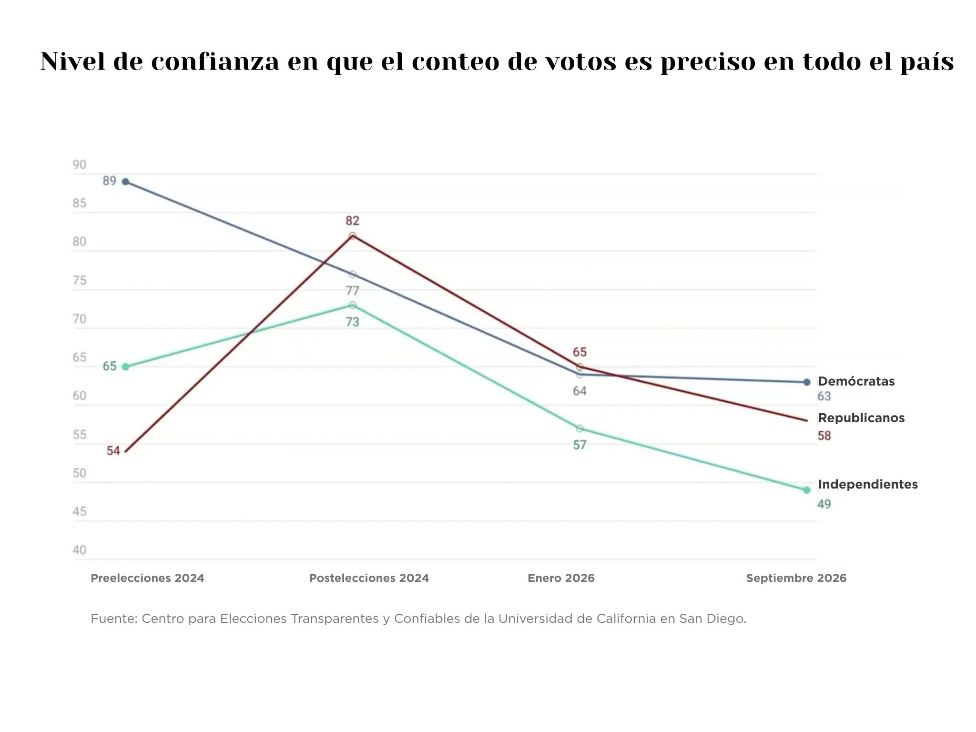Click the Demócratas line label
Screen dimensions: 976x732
(x=856, y=381)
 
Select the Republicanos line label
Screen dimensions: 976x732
(x=861, y=418)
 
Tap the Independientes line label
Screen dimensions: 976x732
(x=868, y=484)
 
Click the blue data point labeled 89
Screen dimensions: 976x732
(x=125, y=182)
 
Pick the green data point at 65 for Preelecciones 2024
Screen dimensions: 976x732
(x=125, y=366)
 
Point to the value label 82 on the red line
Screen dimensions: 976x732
(x=352, y=221)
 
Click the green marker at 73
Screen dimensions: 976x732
(x=352, y=305)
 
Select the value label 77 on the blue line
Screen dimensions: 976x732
(x=352, y=291)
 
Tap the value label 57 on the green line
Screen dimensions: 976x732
(x=579, y=445)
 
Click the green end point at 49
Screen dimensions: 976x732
(x=806, y=490)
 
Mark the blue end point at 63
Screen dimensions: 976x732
(x=806, y=382)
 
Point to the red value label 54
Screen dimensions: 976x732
(x=113, y=450)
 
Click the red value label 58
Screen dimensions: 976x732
(x=824, y=436)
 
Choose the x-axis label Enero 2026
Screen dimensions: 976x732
(x=561, y=578)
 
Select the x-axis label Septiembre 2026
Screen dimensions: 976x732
(x=796, y=578)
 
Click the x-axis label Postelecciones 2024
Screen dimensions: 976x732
(x=369, y=578)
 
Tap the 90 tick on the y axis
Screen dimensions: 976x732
(x=80, y=165)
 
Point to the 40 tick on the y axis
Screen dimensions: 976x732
(x=80, y=550)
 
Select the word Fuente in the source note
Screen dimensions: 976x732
(x=114, y=619)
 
